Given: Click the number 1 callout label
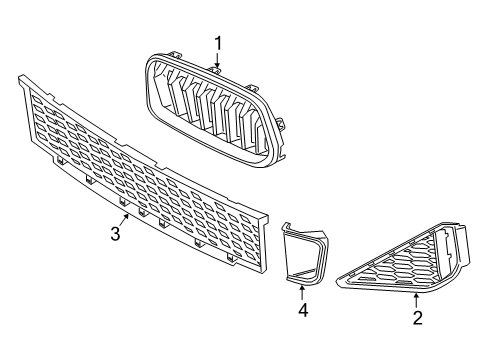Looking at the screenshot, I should (218, 43).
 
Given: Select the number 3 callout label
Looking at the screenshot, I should (115, 234).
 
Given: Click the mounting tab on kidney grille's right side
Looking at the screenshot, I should (282, 124).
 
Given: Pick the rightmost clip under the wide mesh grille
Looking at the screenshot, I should (231, 258).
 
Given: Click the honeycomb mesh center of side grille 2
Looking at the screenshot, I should (405, 270).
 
